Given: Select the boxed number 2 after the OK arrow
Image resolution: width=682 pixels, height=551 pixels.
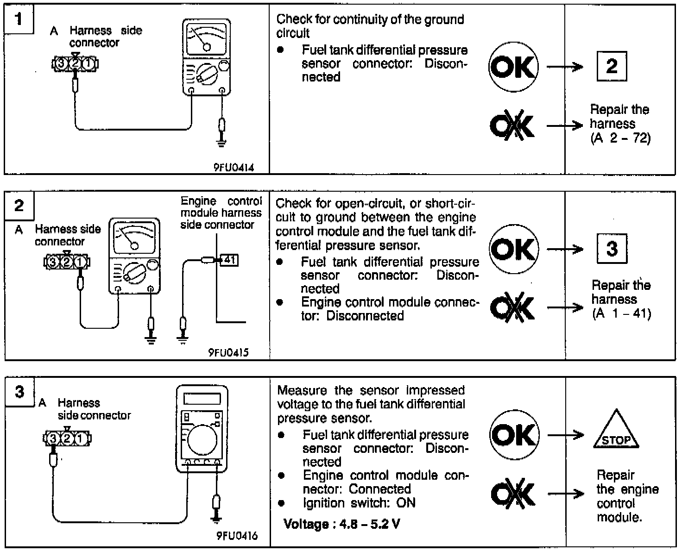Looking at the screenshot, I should point(612,66).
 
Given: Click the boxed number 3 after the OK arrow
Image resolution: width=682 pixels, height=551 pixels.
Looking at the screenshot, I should point(612,249).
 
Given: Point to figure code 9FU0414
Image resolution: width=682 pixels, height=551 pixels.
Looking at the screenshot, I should point(234,168).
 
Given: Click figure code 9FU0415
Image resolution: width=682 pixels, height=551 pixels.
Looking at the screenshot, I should point(228,353).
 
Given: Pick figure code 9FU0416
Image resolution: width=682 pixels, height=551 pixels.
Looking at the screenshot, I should point(237,536).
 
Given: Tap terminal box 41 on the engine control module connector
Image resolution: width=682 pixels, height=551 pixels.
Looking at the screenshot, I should point(229,260).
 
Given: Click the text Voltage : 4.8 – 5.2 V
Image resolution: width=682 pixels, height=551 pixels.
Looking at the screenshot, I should point(342,524).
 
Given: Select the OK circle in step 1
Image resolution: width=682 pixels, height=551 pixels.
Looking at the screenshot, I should point(513,67).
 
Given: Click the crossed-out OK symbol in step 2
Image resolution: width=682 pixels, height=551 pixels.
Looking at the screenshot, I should point(512,307).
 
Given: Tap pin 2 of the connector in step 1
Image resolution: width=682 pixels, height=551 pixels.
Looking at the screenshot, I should point(75,63).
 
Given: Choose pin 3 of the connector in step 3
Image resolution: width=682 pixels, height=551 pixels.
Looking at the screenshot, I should point(53,438).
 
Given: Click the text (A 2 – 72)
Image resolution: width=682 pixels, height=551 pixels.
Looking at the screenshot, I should point(620,138).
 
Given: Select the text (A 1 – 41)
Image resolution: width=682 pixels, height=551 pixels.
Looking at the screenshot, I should point(621,313).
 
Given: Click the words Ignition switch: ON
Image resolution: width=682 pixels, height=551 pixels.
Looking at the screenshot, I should point(359,503).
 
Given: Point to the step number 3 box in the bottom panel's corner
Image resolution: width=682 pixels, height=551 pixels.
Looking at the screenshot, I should point(19,392).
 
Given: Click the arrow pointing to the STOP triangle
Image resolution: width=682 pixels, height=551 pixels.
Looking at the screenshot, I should point(566,435).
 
